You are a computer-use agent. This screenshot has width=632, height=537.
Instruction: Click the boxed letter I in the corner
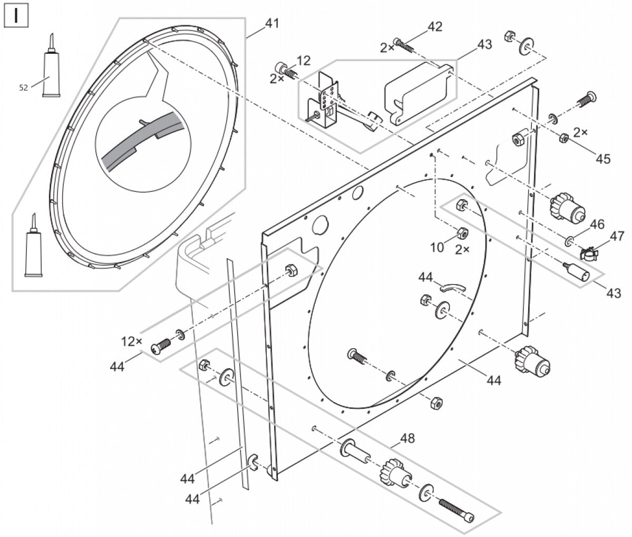(16, 16)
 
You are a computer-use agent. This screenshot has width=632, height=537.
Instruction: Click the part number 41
(272, 24)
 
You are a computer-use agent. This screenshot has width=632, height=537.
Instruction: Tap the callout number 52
(24, 89)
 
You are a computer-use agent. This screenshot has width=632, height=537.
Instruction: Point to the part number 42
(435, 27)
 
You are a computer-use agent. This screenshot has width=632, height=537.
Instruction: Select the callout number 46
(597, 225)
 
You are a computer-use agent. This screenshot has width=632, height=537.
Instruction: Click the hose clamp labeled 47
(590, 253)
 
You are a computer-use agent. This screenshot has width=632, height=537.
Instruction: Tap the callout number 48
(407, 438)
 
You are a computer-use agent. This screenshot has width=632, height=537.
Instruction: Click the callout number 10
(437, 247)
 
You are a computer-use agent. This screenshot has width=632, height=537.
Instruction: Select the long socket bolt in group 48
(456, 510)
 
